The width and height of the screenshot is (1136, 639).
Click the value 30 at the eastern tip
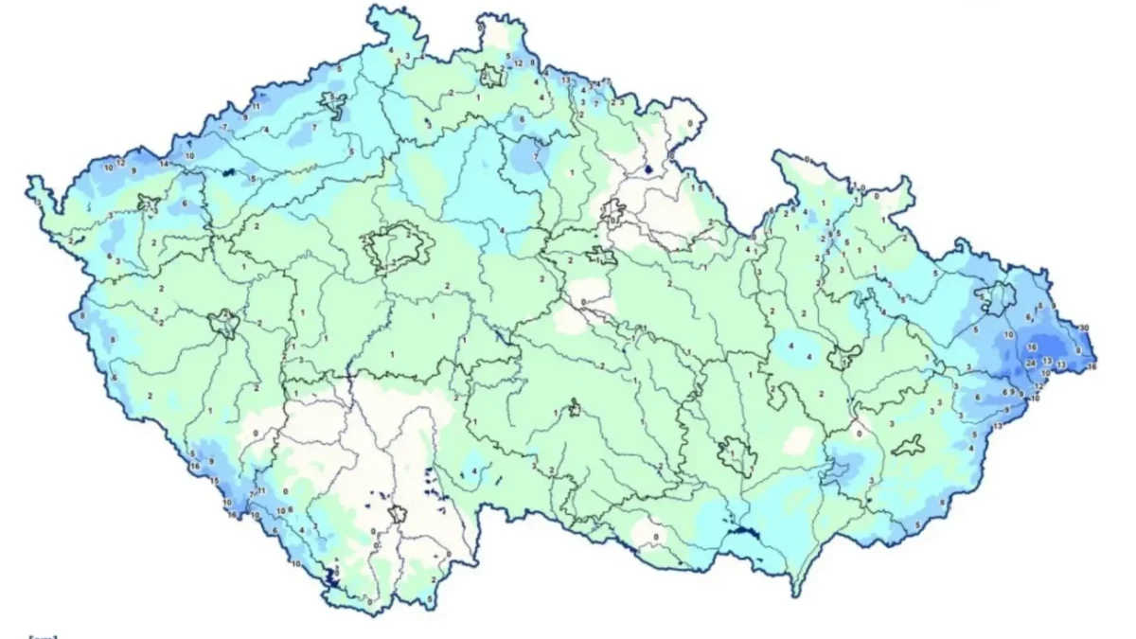click(x=1084, y=328)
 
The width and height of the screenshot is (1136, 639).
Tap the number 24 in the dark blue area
click(x=1030, y=362)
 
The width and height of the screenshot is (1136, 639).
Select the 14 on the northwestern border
click(x=164, y=164)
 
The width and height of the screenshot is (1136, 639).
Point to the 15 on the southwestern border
click(x=215, y=482)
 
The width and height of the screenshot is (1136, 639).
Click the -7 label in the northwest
click(x=222, y=127)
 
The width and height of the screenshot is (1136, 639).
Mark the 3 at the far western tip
click(x=38, y=202)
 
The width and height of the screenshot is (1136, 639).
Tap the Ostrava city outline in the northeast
click(x=996, y=299)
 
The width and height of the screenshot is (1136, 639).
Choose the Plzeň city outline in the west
click(x=225, y=325)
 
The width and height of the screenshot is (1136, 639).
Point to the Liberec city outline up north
click(x=490, y=76)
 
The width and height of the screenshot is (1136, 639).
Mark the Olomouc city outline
click(x=840, y=356)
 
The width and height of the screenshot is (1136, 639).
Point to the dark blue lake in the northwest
click(x=229, y=172)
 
